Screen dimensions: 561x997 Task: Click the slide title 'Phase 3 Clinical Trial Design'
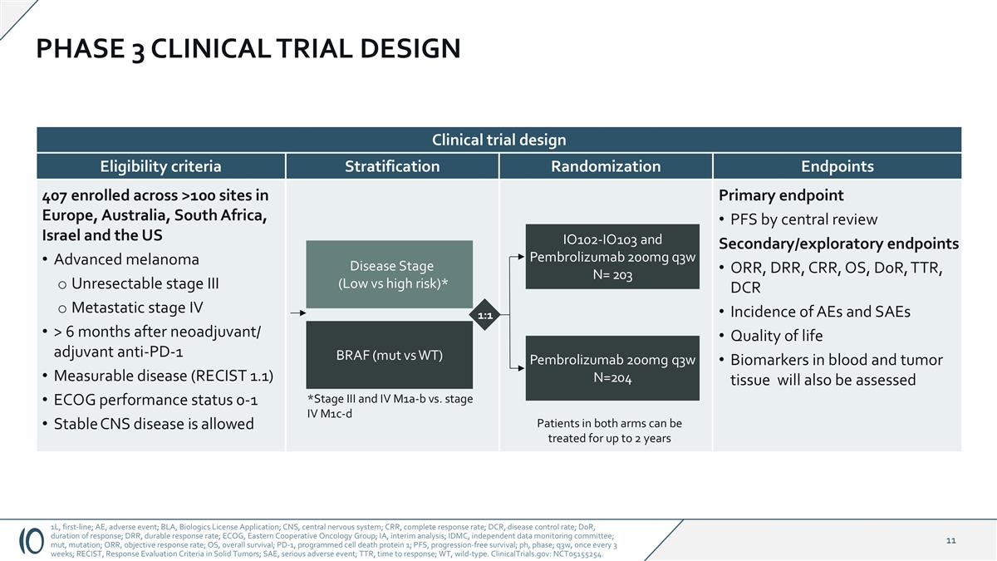pyautogui.click(x=248, y=48)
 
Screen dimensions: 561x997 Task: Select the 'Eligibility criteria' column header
pyautogui.click(x=160, y=166)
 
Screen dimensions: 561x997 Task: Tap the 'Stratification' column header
pyautogui.click(x=392, y=166)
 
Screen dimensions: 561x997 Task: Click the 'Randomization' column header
pyautogui.click(x=606, y=166)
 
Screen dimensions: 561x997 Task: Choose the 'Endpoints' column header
pyautogui.click(x=837, y=166)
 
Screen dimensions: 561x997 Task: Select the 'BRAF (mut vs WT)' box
pyautogui.click(x=390, y=355)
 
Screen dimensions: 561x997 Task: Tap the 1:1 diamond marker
pyautogui.click(x=486, y=315)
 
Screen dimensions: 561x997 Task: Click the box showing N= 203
pyautogui.click(x=612, y=256)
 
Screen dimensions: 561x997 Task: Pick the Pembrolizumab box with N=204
pyautogui.click(x=612, y=368)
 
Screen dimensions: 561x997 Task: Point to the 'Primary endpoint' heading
pyautogui.click(x=781, y=195)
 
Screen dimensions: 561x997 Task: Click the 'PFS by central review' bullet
pyautogui.click(x=803, y=219)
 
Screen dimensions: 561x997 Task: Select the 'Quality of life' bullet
pyautogui.click(x=776, y=336)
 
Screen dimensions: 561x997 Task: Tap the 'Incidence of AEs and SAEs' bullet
pyautogui.click(x=819, y=312)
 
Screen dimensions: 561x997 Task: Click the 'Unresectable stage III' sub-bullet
pyautogui.click(x=145, y=283)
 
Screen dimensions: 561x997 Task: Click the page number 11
pyautogui.click(x=950, y=541)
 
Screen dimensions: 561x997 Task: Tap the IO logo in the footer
pyautogui.click(x=31, y=540)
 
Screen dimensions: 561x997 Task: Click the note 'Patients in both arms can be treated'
pyautogui.click(x=609, y=431)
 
